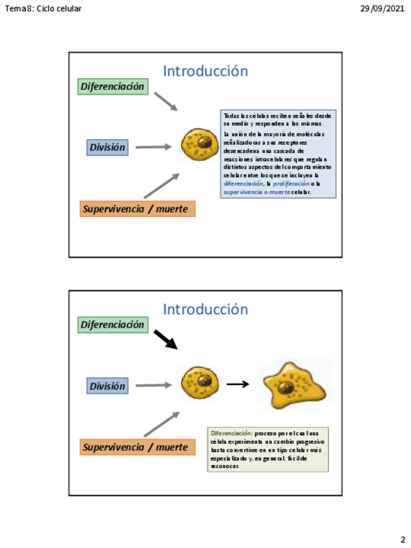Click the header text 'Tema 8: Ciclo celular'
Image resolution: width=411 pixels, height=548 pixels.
43,8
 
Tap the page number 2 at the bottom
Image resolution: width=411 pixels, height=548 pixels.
403,540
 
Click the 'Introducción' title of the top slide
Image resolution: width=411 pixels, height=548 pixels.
205,71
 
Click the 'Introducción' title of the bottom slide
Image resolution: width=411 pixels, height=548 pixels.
205,310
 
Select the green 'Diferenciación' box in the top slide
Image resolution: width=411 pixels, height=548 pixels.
112,87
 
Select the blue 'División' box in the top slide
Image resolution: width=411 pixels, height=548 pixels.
107,147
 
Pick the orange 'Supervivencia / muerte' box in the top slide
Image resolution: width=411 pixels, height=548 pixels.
138,209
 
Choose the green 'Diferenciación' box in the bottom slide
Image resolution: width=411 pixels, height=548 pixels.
112,324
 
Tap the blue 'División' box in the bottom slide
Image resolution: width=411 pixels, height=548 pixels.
107,386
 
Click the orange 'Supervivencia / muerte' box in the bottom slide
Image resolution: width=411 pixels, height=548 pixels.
138,447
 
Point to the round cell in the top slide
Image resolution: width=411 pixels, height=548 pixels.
200,145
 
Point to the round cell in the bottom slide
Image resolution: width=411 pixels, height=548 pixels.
200,383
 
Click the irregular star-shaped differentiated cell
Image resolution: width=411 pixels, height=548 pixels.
293,384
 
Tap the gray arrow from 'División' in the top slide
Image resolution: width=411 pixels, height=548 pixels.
153,147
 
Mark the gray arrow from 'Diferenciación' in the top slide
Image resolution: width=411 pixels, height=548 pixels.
165,101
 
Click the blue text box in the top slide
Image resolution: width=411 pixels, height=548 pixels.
278,153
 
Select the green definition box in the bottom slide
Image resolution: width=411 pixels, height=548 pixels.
268,449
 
